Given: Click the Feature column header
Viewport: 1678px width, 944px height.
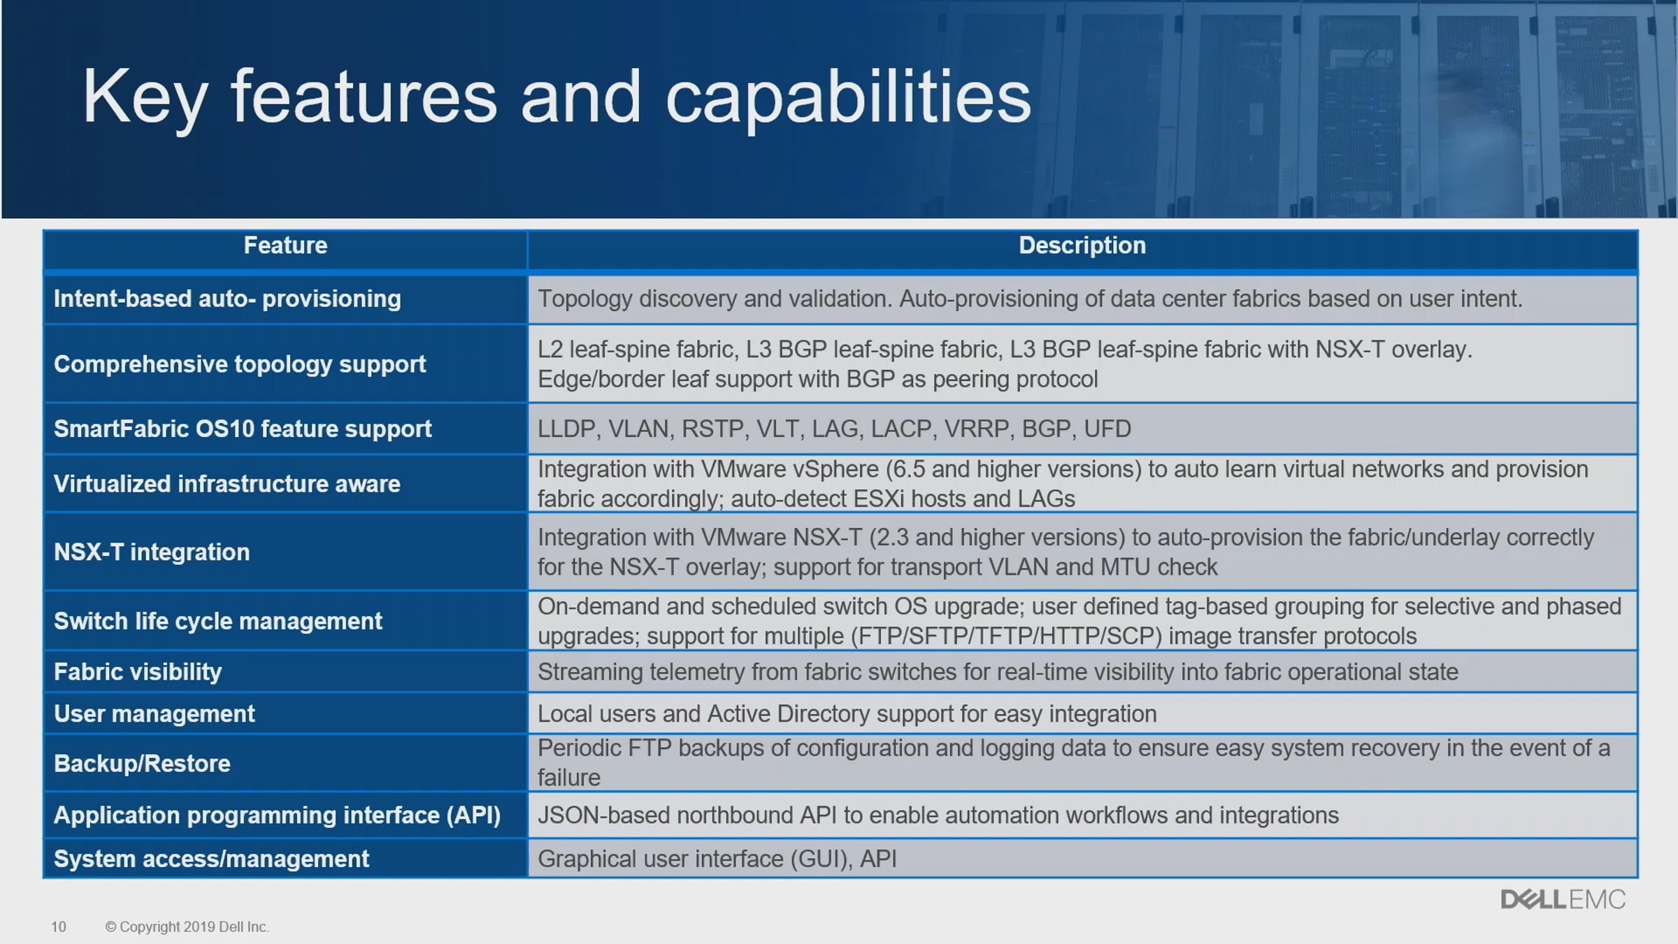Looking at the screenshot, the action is (285, 245).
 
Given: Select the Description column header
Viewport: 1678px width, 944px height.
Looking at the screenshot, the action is (1082, 245).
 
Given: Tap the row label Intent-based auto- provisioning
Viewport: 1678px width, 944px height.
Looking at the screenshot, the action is (227, 299).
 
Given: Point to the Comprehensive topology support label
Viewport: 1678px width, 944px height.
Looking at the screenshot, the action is (240, 364).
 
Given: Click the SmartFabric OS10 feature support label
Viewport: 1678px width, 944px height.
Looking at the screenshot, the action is (243, 429).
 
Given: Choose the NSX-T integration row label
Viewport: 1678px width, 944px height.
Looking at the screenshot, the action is (152, 552).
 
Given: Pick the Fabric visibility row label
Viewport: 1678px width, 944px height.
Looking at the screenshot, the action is (138, 672).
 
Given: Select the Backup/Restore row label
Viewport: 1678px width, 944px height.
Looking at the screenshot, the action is (142, 764).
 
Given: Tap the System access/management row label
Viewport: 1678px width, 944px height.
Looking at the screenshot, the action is (211, 859).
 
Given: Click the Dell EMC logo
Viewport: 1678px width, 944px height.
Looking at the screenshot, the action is (1563, 899).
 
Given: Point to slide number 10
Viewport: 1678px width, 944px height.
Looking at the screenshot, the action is (59, 927).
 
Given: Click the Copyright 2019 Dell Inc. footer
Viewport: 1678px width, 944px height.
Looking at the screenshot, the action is (187, 927).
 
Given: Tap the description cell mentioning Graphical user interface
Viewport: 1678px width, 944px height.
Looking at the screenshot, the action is (1082, 859).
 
